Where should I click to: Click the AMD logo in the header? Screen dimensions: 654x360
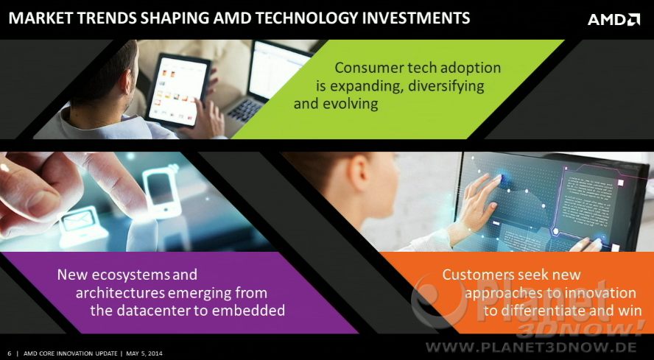pyautogui.click(x=613, y=19)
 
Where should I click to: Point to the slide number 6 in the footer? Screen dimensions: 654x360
pyautogui.click(x=10, y=354)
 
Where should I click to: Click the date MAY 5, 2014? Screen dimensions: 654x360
pyautogui.click(x=144, y=354)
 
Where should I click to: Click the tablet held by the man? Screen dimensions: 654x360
pyautogui.click(x=178, y=91)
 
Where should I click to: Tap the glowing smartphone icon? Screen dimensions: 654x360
pyautogui.click(x=162, y=193)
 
